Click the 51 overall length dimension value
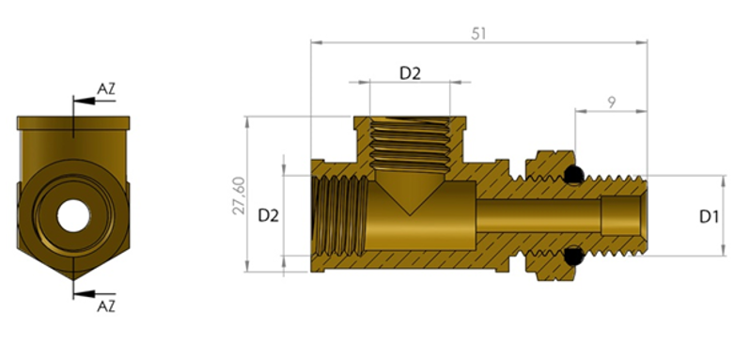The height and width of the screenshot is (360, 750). tap(478, 34)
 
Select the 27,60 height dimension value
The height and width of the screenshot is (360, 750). tap(239, 196)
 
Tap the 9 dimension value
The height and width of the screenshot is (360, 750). tap(611, 102)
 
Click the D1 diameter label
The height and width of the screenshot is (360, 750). tap(709, 217)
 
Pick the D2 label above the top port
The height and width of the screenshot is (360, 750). tap(410, 73)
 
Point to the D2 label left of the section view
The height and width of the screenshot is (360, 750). tap(269, 216)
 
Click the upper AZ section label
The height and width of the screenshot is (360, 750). tap(106, 89)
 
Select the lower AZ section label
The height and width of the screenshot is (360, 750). tap(106, 306)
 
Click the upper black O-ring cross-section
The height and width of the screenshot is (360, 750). tap(573, 175)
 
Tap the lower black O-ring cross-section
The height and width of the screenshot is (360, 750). tap(573, 257)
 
